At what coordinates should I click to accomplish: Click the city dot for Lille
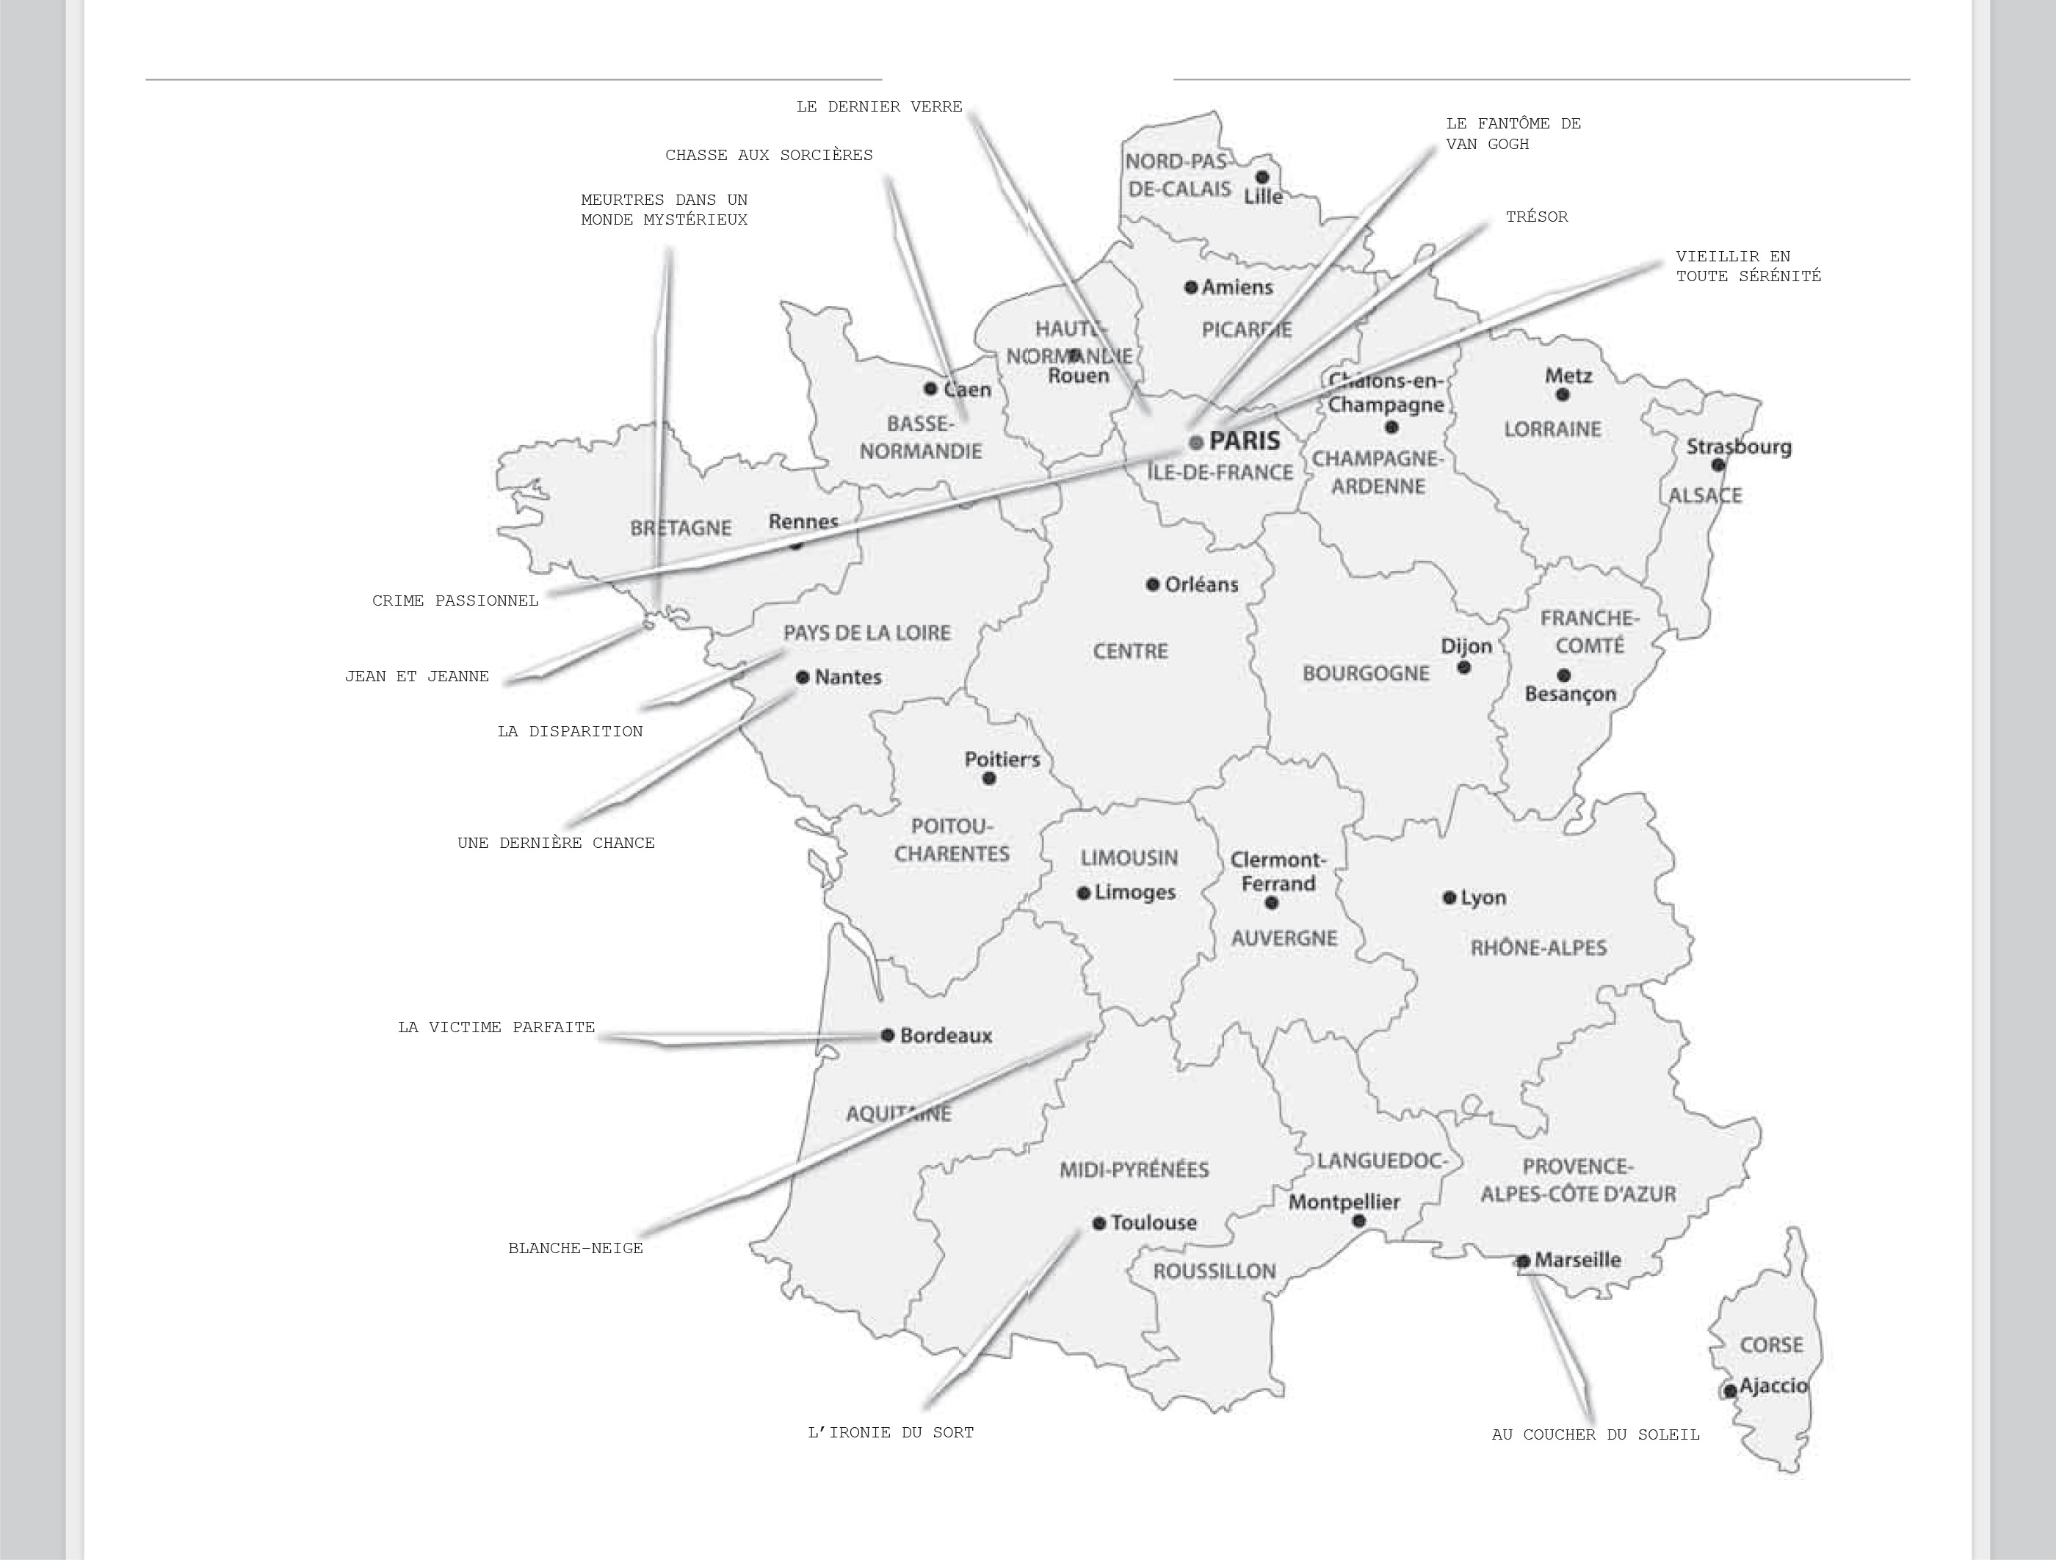[x=1262, y=176]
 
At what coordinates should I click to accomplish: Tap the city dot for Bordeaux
[x=888, y=1035]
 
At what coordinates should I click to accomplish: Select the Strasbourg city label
[x=1738, y=447]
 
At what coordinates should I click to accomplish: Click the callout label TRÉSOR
[x=1536, y=217]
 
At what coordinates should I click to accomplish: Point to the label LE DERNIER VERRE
[x=879, y=107]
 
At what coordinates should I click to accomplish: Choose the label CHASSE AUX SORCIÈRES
[x=769, y=155]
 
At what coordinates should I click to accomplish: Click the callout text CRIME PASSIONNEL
[x=455, y=601]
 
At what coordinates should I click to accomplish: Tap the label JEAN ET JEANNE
[x=416, y=676]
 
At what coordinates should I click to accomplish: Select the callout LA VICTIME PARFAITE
[x=496, y=1027]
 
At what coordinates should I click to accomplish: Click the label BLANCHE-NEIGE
[x=576, y=1248]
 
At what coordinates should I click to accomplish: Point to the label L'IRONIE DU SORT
[x=891, y=1432]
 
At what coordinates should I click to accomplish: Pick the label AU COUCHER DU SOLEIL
[x=1595, y=1434]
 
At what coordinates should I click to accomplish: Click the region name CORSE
[x=1770, y=1344]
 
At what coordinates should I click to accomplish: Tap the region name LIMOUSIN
[x=1129, y=857]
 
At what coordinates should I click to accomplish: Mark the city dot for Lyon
[x=1449, y=898]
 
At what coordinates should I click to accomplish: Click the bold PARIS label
[x=1244, y=440]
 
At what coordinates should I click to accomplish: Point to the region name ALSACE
[x=1705, y=496]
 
